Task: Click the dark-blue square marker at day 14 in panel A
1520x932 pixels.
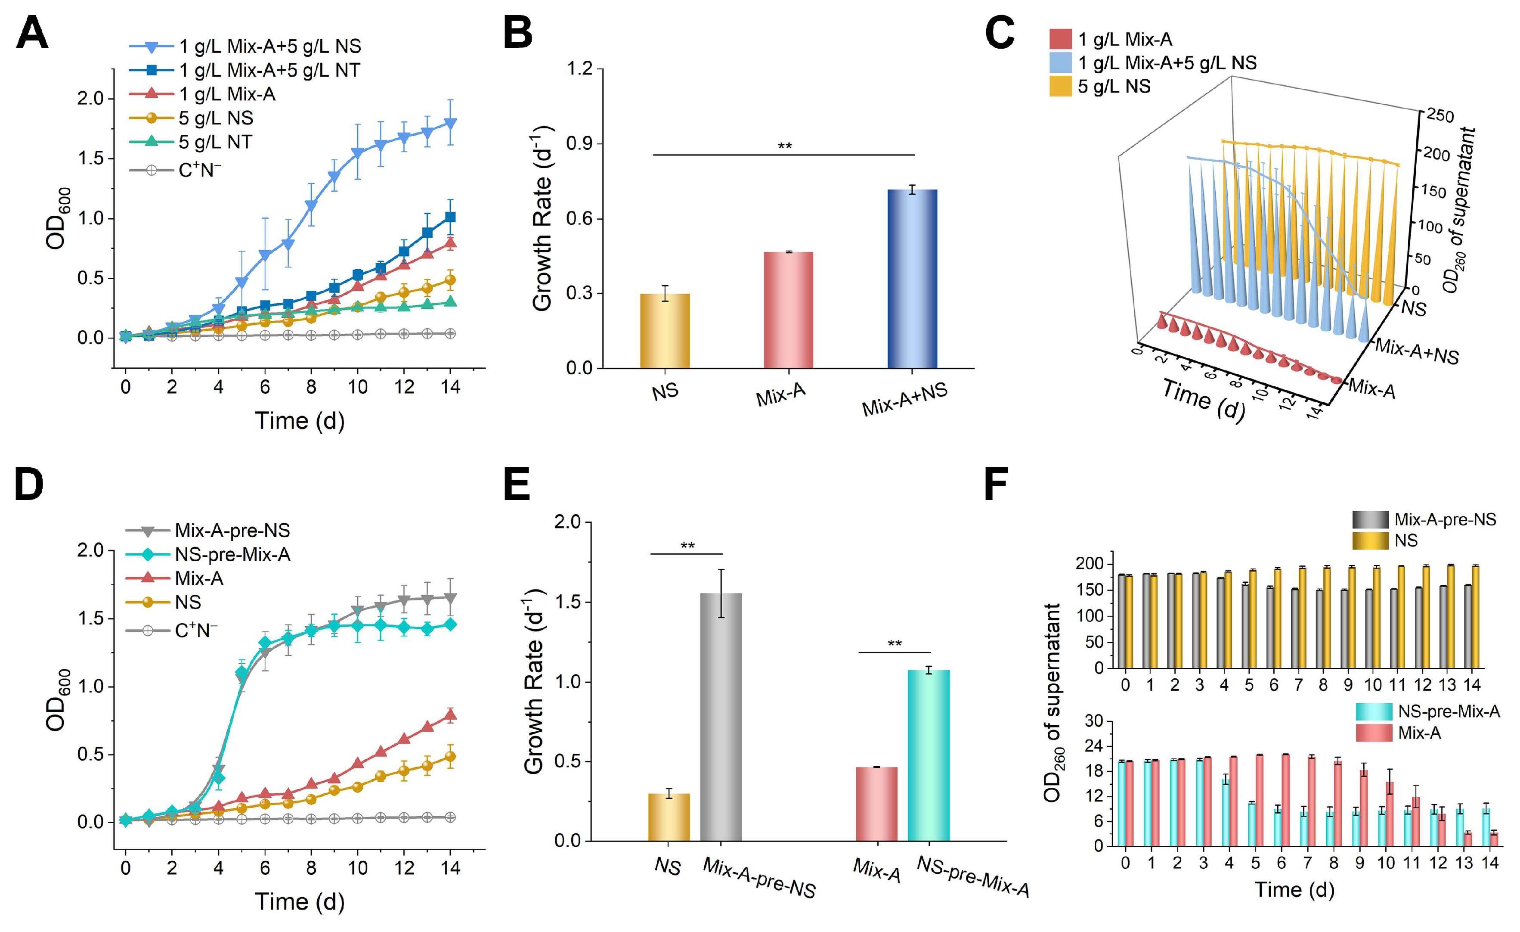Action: (450, 217)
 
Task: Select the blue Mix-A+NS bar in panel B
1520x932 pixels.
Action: (912, 278)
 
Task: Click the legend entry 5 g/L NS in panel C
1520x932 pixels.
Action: (1114, 87)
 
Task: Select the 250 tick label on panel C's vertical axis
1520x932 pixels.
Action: (1440, 116)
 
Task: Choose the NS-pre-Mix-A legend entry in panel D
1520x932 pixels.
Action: (232, 554)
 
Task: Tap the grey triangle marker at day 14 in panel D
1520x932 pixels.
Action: (450, 598)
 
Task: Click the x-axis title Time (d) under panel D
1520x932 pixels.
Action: (299, 902)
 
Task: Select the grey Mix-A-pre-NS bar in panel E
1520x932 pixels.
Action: (721, 716)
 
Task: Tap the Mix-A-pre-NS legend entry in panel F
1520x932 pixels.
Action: (1445, 520)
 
